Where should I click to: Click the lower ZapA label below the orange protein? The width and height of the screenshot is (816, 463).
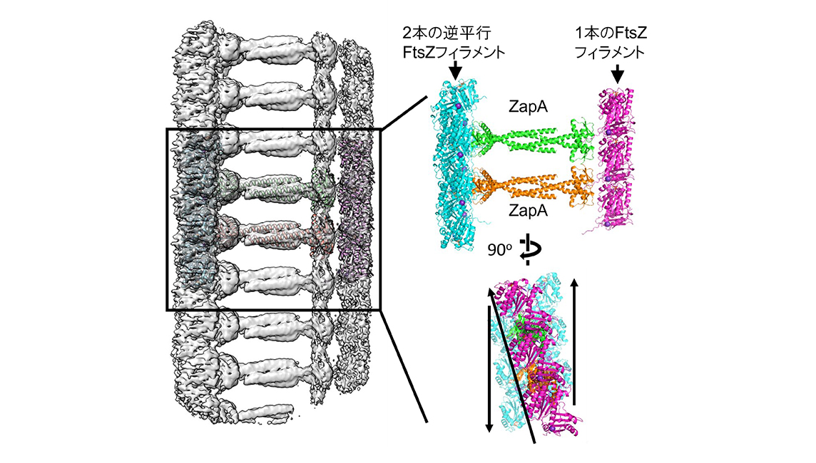click(x=528, y=211)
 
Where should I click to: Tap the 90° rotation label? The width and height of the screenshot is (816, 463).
click(x=499, y=250)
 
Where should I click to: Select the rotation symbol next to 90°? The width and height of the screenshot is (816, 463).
click(x=529, y=249)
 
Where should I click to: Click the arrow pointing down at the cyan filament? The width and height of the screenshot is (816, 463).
click(x=455, y=70)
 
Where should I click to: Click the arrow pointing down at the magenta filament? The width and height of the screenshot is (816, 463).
click(x=617, y=73)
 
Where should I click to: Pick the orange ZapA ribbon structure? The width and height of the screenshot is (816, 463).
click(x=534, y=187)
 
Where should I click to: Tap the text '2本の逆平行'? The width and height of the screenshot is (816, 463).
click(x=447, y=33)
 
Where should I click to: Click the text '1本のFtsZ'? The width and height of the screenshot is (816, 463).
click(x=611, y=33)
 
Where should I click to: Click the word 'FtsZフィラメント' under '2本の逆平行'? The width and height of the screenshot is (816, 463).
click(x=454, y=53)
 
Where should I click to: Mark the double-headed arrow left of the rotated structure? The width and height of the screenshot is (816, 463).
click(x=489, y=368)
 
